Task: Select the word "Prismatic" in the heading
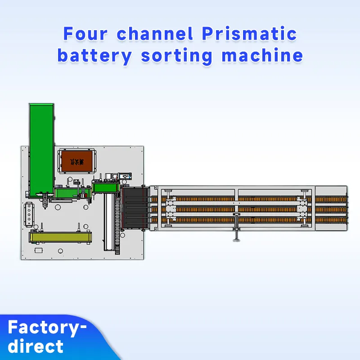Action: tap(249, 34)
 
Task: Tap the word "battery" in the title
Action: tap(94, 56)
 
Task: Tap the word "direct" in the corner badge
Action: tap(36, 346)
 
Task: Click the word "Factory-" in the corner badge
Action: tap(47, 327)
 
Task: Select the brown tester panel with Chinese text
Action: tap(77, 160)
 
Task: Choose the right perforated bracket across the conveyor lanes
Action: tap(302, 209)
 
